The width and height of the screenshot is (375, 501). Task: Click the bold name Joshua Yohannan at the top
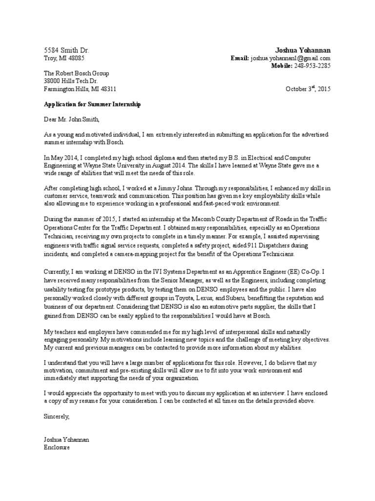pyautogui.click(x=303, y=50)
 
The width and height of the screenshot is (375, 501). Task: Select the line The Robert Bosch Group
pyautogui.click(x=77, y=73)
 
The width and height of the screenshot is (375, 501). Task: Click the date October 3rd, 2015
pyautogui.click(x=308, y=89)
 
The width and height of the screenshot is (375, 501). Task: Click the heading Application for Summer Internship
pyautogui.click(x=92, y=105)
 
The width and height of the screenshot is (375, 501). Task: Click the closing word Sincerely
pyautogui.click(x=57, y=417)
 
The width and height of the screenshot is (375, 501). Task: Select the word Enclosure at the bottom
pyautogui.click(x=57, y=447)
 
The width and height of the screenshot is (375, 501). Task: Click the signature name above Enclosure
pyautogui.click(x=66, y=440)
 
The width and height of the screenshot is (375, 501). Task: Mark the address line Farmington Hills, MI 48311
pyautogui.click(x=80, y=89)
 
